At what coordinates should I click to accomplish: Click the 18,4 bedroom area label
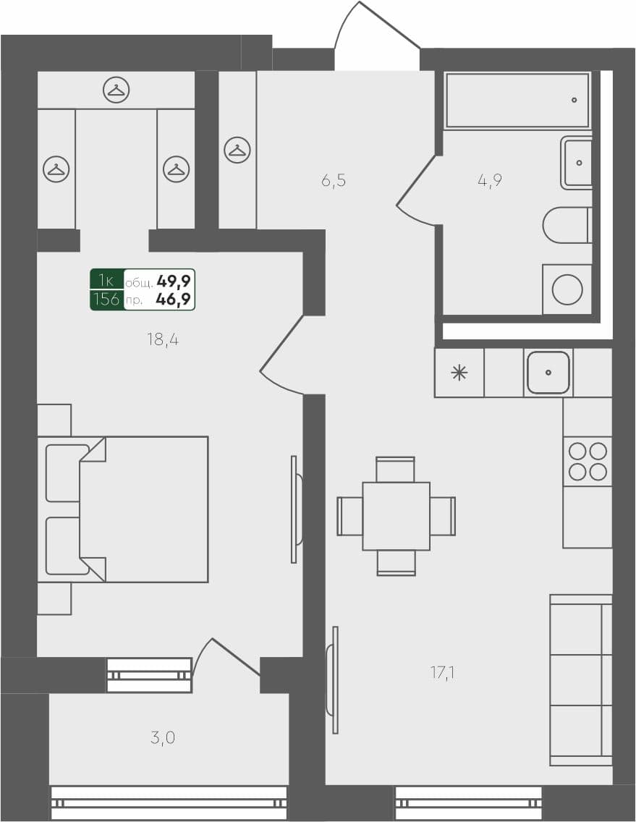pyautogui.click(x=163, y=339)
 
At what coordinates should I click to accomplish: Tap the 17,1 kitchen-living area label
pyautogui.click(x=442, y=674)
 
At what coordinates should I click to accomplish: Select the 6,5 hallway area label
pyautogui.click(x=334, y=180)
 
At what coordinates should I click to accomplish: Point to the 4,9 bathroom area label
pyautogui.click(x=490, y=180)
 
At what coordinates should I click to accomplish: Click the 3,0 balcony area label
pyautogui.click(x=163, y=738)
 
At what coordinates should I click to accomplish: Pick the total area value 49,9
pyautogui.click(x=174, y=280)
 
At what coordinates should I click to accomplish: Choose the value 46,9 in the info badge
pyautogui.click(x=174, y=299)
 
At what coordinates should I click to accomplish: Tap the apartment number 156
pyautogui.click(x=107, y=299)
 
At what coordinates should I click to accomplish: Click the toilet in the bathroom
pyautogui.click(x=567, y=225)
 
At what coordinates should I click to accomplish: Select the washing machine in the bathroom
pyautogui.click(x=567, y=289)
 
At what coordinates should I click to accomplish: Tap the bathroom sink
pyautogui.click(x=577, y=163)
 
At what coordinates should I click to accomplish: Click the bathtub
pyautogui.click(x=517, y=101)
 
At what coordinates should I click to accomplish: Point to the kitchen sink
pyautogui.click(x=548, y=373)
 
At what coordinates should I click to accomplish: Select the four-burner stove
pyautogui.click(x=588, y=462)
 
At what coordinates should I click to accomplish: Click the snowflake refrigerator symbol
pyautogui.click(x=459, y=373)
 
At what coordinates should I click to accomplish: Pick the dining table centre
pyautogui.click(x=396, y=516)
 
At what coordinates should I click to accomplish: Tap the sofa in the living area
pyautogui.click(x=580, y=679)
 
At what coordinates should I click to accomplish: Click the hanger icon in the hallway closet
pyautogui.click(x=237, y=150)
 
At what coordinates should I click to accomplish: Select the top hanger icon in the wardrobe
pyautogui.click(x=116, y=90)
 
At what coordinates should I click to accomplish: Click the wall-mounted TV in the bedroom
pyautogui.click(x=295, y=509)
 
